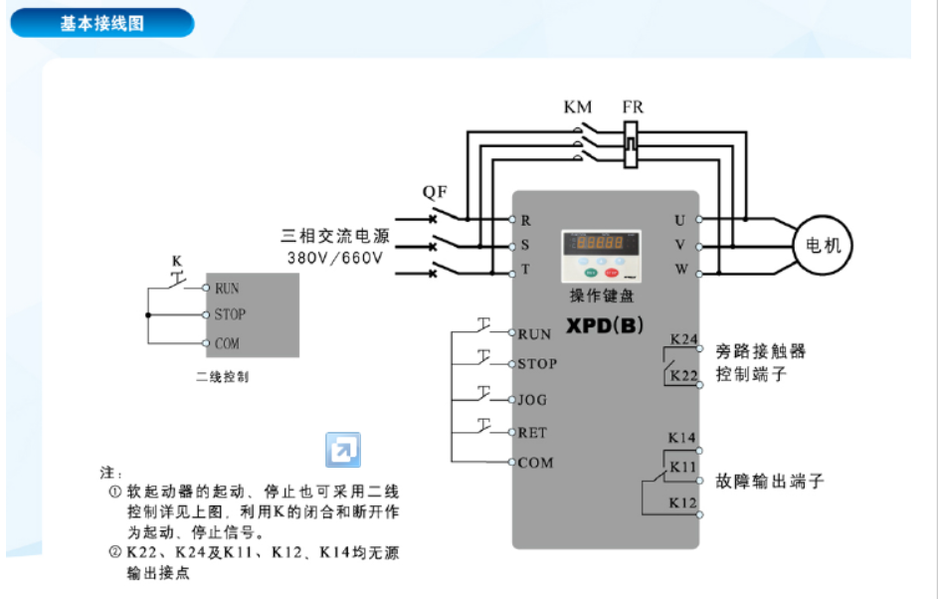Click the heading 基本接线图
pos(101,23)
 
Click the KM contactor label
pos(577,106)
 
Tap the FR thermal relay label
pos(633,106)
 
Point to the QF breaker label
pos(435,191)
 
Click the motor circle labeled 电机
pos(822,245)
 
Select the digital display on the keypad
pos(601,243)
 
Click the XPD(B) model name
pos(603,324)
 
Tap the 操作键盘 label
pos(601,296)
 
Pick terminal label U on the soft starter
pos(679,219)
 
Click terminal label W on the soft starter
pos(680,270)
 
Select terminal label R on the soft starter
pos(526,220)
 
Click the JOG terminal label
pos(532,400)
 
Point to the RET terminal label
pos(532,433)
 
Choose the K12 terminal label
pos(681,503)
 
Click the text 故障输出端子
pos(770,482)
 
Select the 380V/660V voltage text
pos(338,258)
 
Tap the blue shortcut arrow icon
pos(343,450)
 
